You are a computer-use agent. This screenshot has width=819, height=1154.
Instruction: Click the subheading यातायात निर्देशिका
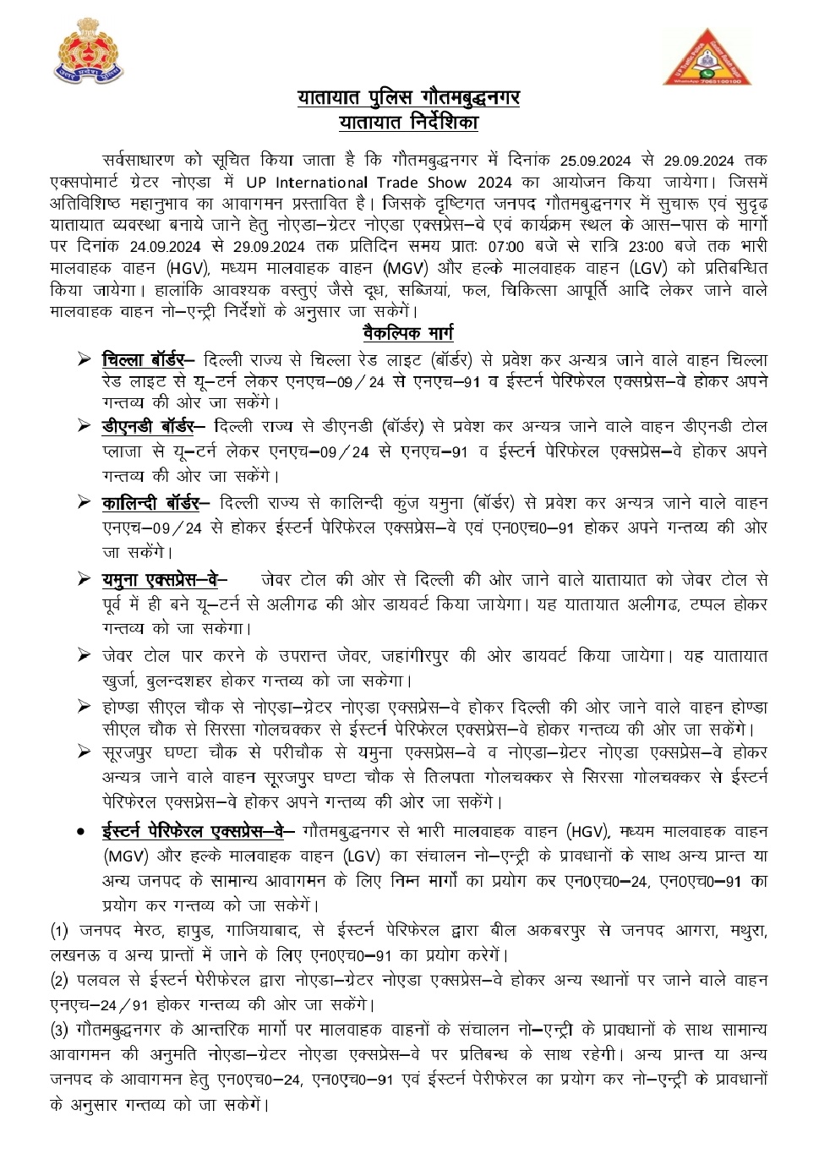pos(408,123)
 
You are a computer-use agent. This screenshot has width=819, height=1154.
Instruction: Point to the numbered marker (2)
pos(59,981)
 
